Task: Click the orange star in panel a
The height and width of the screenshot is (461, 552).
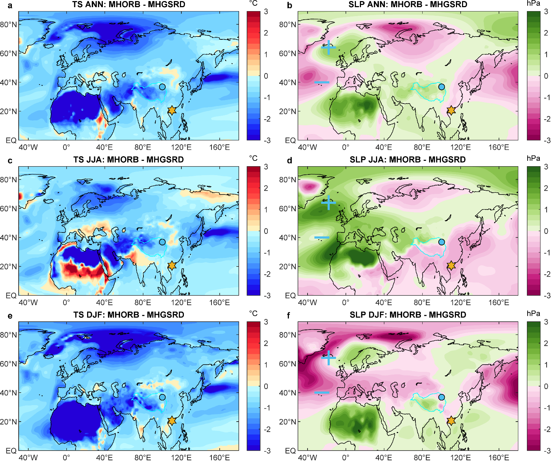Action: coord(172,110)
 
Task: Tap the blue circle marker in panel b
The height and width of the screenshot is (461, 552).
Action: coord(441,87)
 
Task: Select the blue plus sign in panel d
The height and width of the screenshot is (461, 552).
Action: coord(328,203)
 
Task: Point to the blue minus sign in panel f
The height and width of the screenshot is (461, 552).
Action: coord(322,393)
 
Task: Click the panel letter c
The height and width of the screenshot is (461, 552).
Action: coord(10,161)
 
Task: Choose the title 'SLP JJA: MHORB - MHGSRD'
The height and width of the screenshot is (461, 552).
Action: coord(408,160)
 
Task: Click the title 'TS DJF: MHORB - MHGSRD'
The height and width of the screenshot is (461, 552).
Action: coord(129,315)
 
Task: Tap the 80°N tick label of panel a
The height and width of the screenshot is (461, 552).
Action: coord(9,25)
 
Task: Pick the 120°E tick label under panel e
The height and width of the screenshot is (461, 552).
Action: coord(181,457)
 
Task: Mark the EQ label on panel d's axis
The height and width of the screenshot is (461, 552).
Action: coord(290,296)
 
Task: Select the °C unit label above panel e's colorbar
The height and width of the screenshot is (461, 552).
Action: coord(253,314)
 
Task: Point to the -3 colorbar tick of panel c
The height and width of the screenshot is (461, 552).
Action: coord(267,296)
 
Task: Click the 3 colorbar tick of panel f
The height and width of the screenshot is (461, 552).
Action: coord(546,322)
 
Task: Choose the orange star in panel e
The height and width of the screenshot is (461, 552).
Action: coord(172,421)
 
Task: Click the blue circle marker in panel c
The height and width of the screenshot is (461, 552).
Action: coord(162,242)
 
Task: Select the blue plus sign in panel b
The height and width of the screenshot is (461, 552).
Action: coord(328,47)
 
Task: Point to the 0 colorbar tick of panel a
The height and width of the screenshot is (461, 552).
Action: coord(266,76)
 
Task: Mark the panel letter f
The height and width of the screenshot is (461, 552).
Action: coord(290,316)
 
